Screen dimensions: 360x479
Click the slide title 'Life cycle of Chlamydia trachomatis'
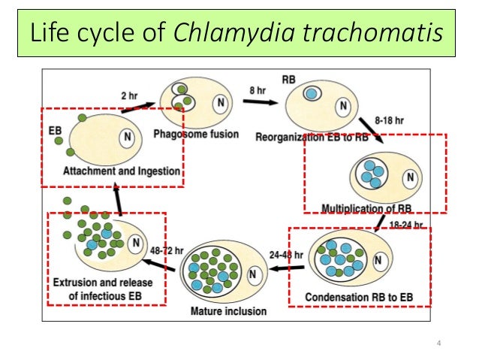(x=239, y=34)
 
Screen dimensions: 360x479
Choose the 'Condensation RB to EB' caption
(x=359, y=297)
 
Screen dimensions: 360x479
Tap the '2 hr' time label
(x=129, y=95)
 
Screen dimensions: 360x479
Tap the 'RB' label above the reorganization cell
(x=288, y=78)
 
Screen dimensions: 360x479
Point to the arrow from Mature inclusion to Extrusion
(x=161, y=264)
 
